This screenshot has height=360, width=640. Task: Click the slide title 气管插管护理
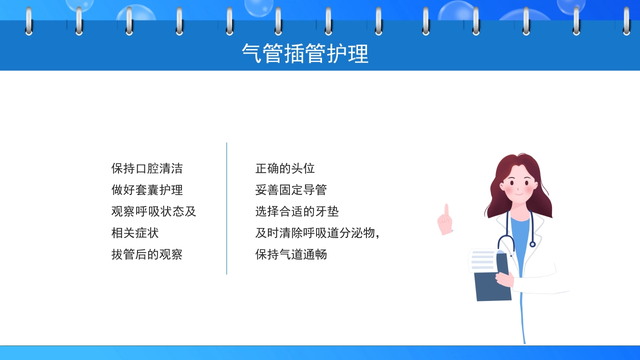point(305,53)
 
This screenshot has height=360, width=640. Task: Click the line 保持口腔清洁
point(147,168)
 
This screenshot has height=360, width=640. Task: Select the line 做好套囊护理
point(147,190)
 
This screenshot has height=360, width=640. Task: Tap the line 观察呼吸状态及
point(153,211)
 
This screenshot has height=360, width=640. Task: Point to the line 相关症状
point(135,233)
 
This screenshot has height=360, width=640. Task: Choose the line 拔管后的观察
point(147,254)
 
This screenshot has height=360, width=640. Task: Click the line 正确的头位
point(285,168)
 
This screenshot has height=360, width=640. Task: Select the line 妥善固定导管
point(291,190)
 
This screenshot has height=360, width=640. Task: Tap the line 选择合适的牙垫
point(297,211)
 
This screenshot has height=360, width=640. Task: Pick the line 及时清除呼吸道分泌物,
point(317,233)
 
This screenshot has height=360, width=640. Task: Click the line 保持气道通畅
point(291,254)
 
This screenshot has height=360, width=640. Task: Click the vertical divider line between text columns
point(226,208)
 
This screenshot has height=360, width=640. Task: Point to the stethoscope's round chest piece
point(532,244)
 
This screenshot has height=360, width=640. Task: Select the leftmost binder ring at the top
point(28,21)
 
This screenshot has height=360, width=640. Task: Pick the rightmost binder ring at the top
point(626,21)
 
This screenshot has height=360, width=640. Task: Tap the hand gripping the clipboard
point(504,279)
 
